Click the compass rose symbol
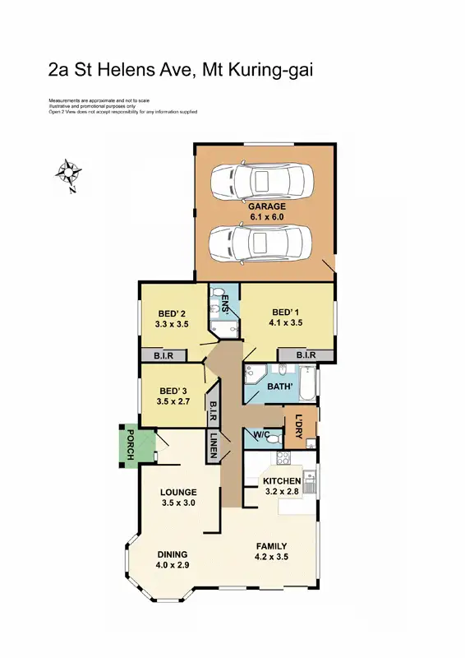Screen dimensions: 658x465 (68, 174)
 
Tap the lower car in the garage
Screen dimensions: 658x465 (262, 242)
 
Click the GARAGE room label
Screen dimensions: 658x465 (269, 206)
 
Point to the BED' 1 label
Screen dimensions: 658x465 (285, 312)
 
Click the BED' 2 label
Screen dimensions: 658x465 (172, 313)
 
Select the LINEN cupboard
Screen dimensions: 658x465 (213, 446)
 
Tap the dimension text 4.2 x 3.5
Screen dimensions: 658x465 (271, 557)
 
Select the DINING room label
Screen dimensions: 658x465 (173, 554)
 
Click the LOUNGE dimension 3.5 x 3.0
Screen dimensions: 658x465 (178, 503)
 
